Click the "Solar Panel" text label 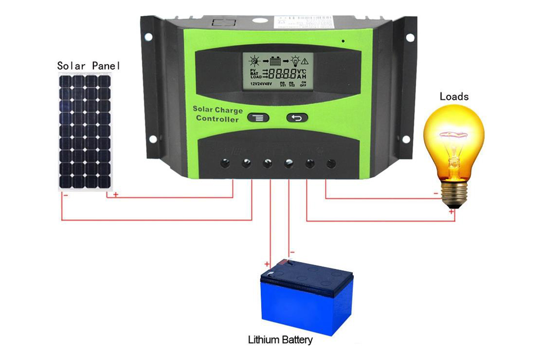[88, 66]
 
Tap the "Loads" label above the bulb [454, 97]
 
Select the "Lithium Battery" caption [280, 340]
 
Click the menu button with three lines [258, 118]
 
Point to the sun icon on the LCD [255, 61]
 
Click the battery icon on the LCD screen [275, 61]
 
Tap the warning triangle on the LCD [305, 61]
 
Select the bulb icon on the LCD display [295, 61]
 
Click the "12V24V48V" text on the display [261, 84]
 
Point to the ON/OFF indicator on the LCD [303, 84]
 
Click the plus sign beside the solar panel [115, 195]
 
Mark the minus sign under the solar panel [66, 195]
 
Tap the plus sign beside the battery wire [267, 264]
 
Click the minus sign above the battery [293, 252]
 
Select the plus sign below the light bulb [451, 212]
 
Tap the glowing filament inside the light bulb [452, 135]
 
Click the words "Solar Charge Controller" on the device [218, 114]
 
